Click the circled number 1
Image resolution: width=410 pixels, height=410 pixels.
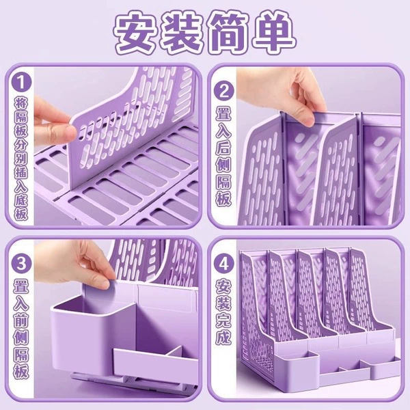21,83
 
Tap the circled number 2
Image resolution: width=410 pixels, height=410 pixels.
223,92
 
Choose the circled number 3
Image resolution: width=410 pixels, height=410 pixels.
21,263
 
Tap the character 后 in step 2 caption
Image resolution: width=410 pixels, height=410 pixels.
223,150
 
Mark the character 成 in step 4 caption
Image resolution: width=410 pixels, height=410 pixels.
223,337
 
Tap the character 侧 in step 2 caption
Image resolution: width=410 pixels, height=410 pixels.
223,165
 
